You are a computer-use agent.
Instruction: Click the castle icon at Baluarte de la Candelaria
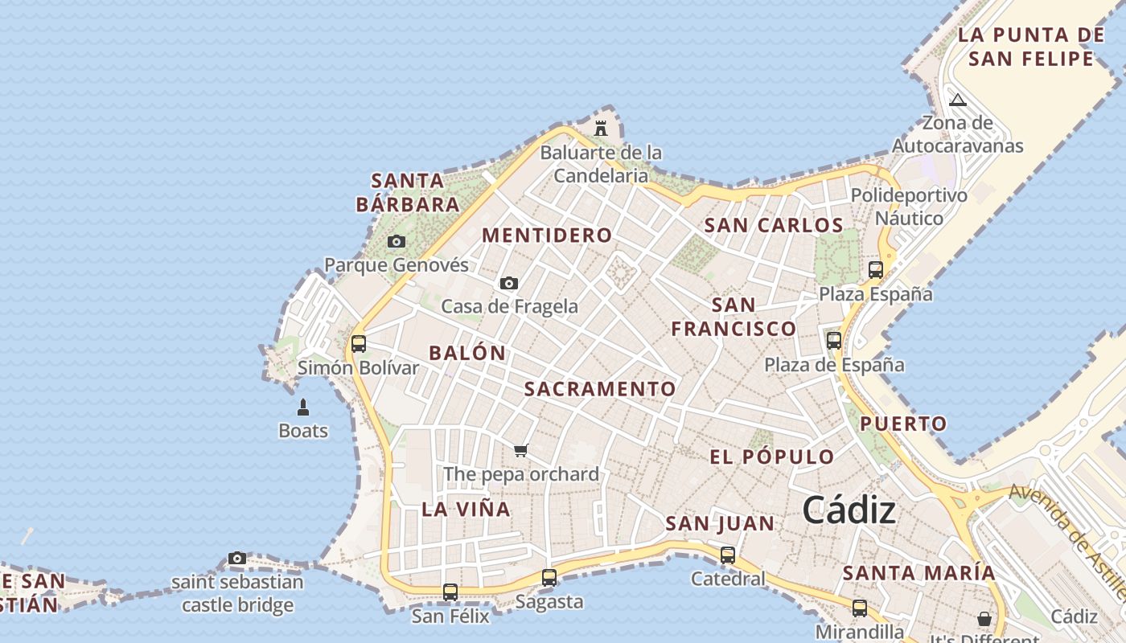point(600,128)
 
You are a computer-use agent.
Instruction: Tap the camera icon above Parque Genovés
point(396,241)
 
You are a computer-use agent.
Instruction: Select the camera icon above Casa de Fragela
point(508,283)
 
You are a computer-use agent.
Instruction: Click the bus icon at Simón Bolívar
point(359,344)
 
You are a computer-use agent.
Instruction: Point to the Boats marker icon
point(303,408)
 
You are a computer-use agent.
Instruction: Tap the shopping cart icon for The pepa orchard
point(520,450)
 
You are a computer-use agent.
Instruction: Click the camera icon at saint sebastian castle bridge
point(236,558)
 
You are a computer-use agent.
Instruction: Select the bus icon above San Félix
point(450,592)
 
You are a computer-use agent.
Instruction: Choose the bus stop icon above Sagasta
point(549,577)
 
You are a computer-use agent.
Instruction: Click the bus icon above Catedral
point(728,555)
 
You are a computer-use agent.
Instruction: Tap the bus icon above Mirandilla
point(860,608)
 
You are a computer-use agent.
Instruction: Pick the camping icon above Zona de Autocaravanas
point(957,100)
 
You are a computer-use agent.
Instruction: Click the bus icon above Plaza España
point(876,270)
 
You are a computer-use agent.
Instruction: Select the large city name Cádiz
point(849,510)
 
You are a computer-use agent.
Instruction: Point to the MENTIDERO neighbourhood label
point(547,235)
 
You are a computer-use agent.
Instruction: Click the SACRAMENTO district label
point(600,389)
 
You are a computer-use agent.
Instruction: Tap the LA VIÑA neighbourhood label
point(466,509)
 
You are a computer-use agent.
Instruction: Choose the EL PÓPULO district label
point(772,457)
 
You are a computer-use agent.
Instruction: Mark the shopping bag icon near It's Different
point(984,619)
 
